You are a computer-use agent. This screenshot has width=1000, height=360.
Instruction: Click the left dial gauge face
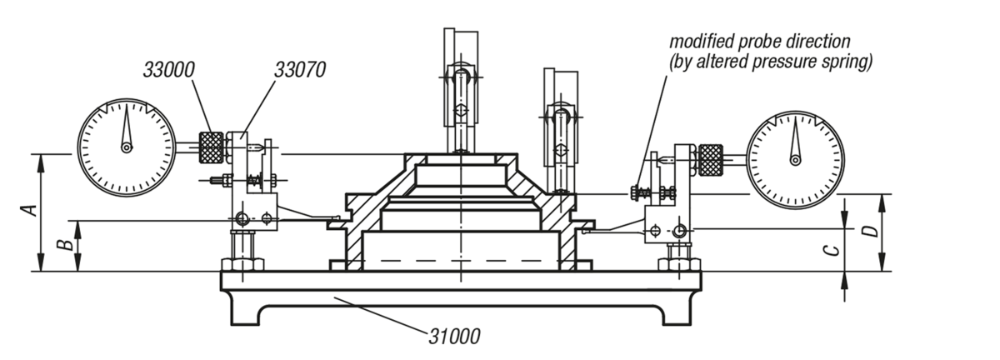tap(127, 146)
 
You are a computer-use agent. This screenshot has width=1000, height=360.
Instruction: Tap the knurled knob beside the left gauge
tap(212, 147)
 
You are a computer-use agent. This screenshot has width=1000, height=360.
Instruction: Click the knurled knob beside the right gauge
tap(710, 156)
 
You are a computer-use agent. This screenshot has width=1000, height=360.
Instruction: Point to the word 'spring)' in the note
tap(847, 62)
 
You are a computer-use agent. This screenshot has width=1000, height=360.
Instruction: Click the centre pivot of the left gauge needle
tap(127, 148)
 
